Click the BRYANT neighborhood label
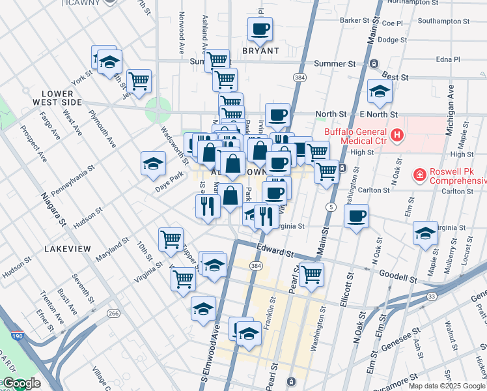point(260,50)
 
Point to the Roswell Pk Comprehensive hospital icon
point(420,175)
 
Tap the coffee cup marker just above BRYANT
point(260,29)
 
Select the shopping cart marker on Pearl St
point(311,274)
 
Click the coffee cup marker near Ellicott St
point(356,216)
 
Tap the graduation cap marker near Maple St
point(425,233)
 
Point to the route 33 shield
point(432,297)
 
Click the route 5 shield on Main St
point(331,207)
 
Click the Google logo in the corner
point(21,383)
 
